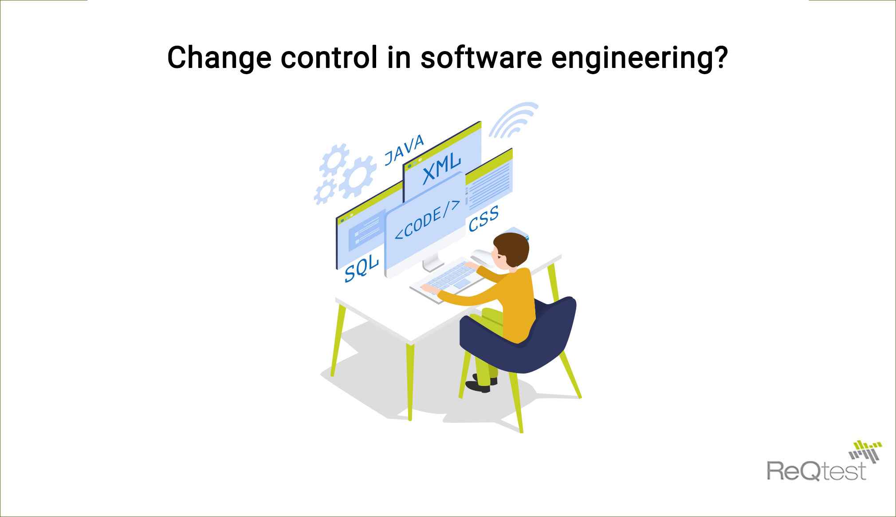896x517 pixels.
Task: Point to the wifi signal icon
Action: [x=514, y=120]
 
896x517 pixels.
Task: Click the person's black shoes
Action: [x=481, y=384]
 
